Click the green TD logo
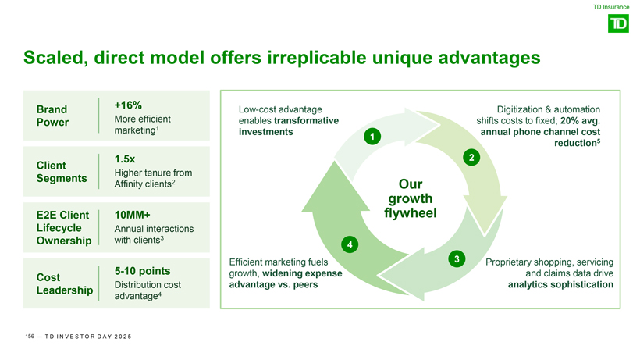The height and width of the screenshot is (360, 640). point(617,24)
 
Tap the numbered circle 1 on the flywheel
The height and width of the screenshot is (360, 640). point(374,138)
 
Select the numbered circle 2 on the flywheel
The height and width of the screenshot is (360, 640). point(471,158)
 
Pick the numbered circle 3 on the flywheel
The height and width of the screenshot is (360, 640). point(457,258)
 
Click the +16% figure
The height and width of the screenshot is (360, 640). point(127,105)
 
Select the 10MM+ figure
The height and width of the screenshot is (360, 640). point(132,215)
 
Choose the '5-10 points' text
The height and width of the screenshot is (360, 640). point(143,271)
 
